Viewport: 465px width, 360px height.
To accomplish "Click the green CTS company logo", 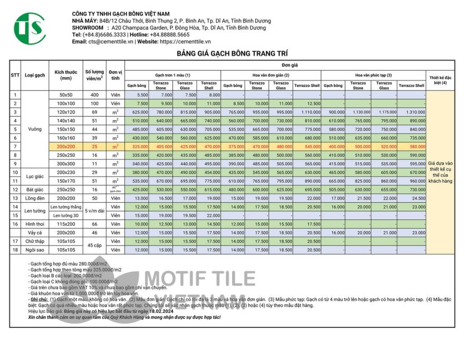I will tap(30, 28).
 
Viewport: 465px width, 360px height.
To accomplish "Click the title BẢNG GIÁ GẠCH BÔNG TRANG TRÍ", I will tap(232, 54).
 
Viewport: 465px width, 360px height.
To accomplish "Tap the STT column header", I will tap(15, 75).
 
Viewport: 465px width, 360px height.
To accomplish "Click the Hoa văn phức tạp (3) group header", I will tap(373, 75).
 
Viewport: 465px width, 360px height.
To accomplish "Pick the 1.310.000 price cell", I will tap(412, 112).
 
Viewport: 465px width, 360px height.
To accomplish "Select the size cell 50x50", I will tap(66, 95).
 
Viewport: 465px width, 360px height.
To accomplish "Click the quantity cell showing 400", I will tap(94, 95).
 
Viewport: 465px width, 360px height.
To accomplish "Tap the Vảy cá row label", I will tap(35, 232).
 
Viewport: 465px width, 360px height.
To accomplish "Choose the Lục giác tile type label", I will tap(35, 176).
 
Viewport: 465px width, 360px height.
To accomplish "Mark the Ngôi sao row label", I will tap(35, 250).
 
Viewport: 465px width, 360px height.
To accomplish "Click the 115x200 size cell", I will tap(66, 224).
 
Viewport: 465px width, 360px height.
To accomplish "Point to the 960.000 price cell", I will tap(412, 181).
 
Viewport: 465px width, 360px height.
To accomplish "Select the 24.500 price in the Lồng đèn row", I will tap(412, 198).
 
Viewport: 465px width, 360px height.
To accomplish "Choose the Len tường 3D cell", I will tap(66, 215).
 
